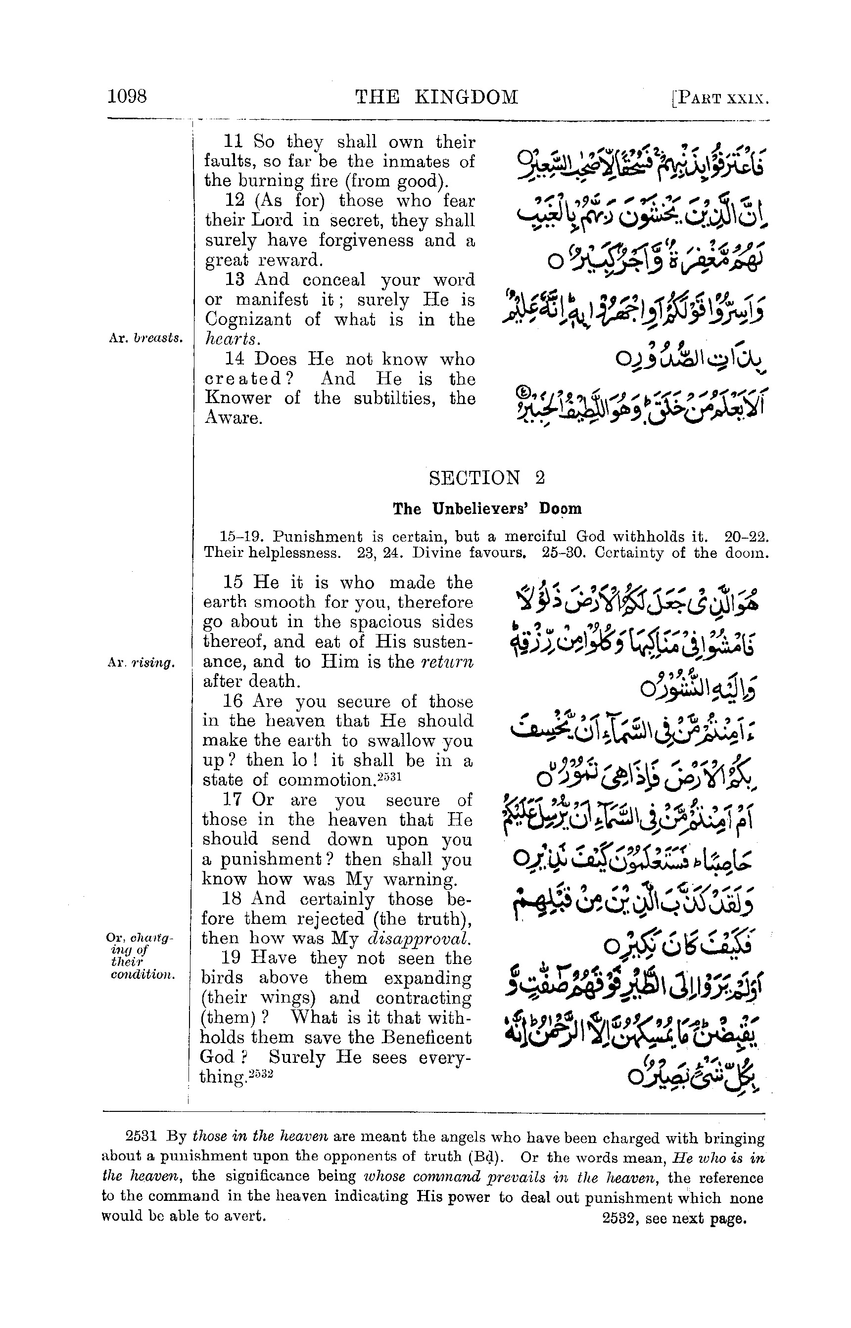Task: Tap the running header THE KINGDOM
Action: [x=436, y=97]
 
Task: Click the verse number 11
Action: [x=234, y=141]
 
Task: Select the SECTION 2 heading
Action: [x=487, y=477]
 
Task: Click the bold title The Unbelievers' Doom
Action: [x=487, y=509]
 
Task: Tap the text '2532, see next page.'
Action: [x=674, y=1219]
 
